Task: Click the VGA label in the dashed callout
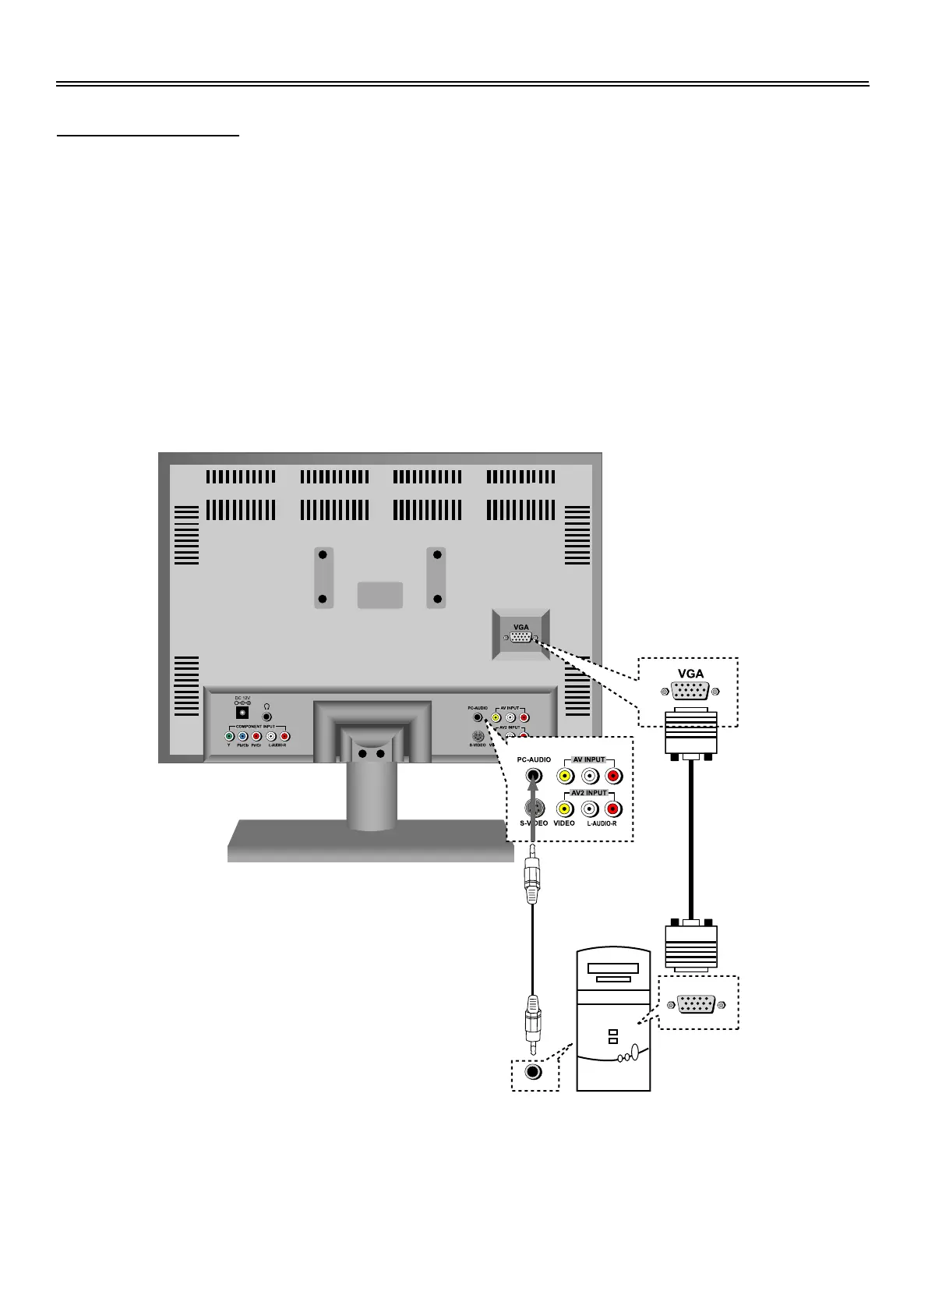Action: tap(690, 674)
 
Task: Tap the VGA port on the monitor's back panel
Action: tap(521, 638)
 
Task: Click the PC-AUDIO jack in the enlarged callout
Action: tap(533, 776)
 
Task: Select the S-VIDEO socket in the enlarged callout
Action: tap(533, 809)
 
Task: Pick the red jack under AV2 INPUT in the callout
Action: tap(614, 809)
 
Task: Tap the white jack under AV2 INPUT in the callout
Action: tap(590, 809)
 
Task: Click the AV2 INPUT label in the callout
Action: tap(589, 792)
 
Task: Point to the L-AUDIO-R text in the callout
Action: tap(602, 823)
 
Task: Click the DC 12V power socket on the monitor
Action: tap(243, 713)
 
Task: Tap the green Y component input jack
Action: tap(229, 736)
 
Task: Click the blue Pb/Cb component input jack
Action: tap(242, 736)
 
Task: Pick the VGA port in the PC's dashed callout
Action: tap(697, 1005)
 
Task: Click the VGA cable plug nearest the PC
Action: tap(691, 946)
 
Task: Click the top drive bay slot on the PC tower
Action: tap(613, 968)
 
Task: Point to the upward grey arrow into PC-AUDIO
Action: tap(533, 803)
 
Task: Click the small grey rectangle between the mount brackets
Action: tap(380, 595)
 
